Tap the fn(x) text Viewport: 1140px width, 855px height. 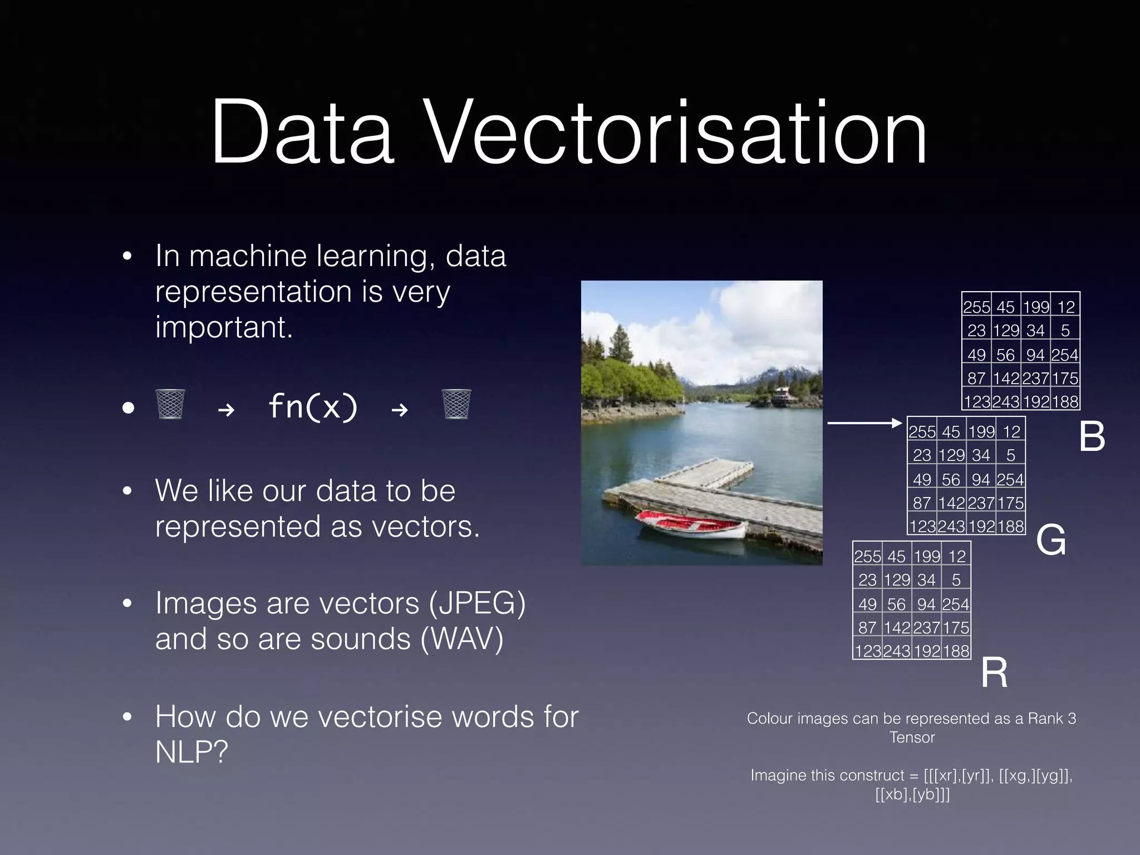pyautogui.click(x=313, y=406)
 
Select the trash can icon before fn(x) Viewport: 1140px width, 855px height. pyautogui.click(x=170, y=404)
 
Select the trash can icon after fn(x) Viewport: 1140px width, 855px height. pyautogui.click(x=456, y=404)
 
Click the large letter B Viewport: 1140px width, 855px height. pyautogui.click(x=1092, y=436)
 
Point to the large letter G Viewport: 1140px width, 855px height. pyautogui.click(x=1051, y=540)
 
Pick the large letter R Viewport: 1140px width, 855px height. pyautogui.click(x=994, y=672)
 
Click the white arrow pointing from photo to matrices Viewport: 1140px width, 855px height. pyautogui.click(x=864, y=423)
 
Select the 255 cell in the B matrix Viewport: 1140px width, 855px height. pyautogui.click(x=976, y=307)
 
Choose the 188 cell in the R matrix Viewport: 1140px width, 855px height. pyautogui.click(x=956, y=651)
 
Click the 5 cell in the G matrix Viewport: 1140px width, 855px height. pyautogui.click(x=1010, y=455)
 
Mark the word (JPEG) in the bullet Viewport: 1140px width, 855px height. pyautogui.click(x=477, y=603)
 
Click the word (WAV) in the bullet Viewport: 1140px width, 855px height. pyautogui.click(x=462, y=639)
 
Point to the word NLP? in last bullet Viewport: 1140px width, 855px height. pyautogui.click(x=191, y=752)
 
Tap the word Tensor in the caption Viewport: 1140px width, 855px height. pyautogui.click(x=912, y=738)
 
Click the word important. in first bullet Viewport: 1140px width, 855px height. pyautogui.click(x=224, y=327)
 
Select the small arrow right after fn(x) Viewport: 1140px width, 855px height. pyautogui.click(x=400, y=410)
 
